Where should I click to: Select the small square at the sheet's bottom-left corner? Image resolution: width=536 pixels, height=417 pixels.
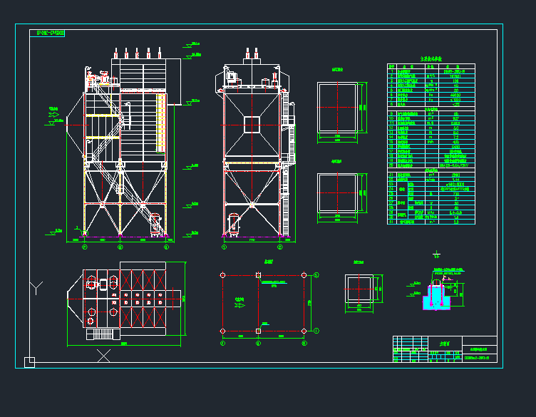tap(29, 362)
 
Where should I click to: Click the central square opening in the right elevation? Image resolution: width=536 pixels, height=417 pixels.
tap(252, 124)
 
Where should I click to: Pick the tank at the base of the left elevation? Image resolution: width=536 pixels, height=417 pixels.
tap(156, 224)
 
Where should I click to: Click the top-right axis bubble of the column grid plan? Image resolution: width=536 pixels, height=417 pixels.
tap(316, 274)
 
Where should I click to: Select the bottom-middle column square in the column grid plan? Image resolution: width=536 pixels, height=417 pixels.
tap(258, 331)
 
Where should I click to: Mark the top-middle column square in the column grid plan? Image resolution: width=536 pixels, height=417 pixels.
tap(258, 274)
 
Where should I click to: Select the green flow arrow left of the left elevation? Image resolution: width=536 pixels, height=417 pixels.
tap(54, 117)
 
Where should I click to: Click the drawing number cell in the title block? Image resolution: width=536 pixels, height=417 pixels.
tap(479, 356)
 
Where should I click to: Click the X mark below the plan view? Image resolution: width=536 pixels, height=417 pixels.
tap(103, 354)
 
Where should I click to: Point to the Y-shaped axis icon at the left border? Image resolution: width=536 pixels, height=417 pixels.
tap(37, 287)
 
